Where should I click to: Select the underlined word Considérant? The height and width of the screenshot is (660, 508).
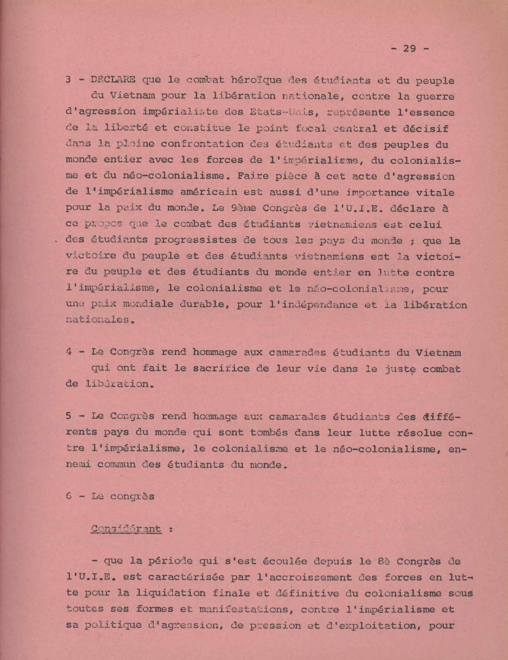pyautogui.click(x=126, y=529)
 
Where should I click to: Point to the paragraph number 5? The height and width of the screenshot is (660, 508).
pyautogui.click(x=69, y=416)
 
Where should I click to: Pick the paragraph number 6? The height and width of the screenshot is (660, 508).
pyautogui.click(x=69, y=496)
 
